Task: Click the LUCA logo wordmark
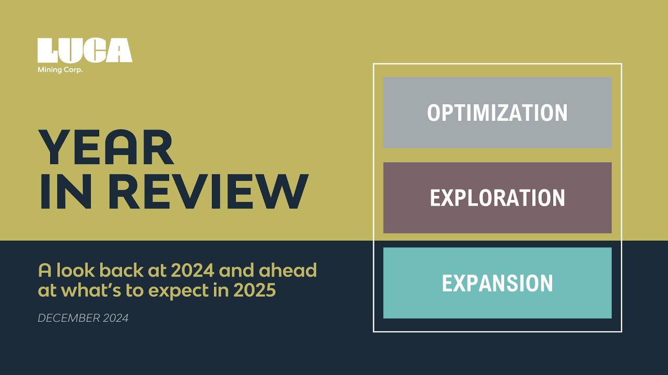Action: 85,51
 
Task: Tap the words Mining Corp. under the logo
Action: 60,70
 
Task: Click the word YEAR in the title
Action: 106,147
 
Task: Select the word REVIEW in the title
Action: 208,191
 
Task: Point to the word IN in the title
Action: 66,191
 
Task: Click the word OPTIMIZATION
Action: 497,113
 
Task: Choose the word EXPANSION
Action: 497,283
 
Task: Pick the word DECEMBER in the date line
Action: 69,318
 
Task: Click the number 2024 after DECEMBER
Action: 116,318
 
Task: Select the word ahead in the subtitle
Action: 288,270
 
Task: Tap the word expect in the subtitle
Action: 178,291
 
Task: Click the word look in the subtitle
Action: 75,270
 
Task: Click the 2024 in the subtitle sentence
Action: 193,270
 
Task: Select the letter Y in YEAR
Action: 55,147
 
